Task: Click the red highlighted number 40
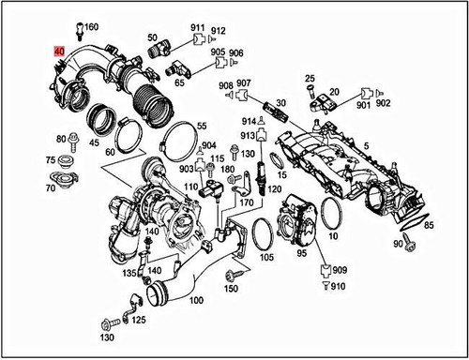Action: pyautogui.click(x=60, y=51)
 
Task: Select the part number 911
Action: pyautogui.click(x=198, y=28)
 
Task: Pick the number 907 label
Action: pyautogui.click(x=244, y=82)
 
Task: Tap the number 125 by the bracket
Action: pyautogui.click(x=139, y=320)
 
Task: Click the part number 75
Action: pyautogui.click(x=51, y=160)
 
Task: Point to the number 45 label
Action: pyautogui.click(x=94, y=143)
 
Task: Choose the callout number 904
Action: pyautogui.click(x=208, y=144)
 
